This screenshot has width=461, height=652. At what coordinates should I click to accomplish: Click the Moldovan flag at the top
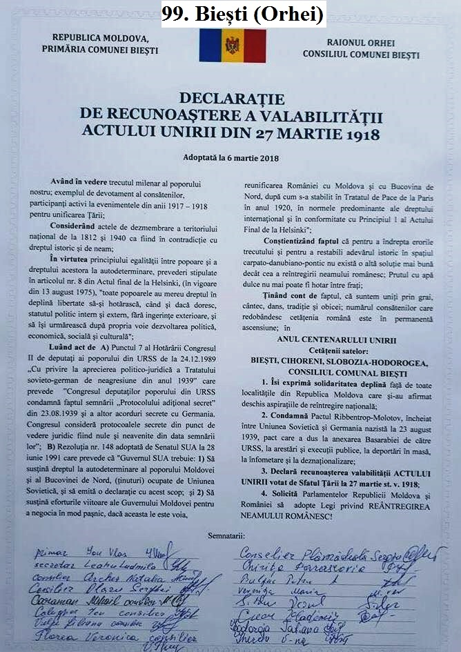tap(232, 46)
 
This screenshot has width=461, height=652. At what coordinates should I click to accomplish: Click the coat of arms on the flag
tap(233, 46)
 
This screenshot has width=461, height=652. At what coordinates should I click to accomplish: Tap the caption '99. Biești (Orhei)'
tap(244, 14)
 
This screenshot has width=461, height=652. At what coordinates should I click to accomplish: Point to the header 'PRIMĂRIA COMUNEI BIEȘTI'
tap(99, 50)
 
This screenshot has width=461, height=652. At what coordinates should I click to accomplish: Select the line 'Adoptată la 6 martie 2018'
tap(231, 158)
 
